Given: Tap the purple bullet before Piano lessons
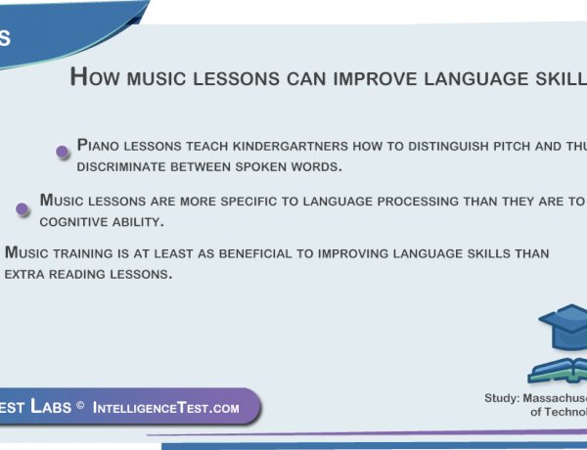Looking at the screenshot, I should tap(63, 151).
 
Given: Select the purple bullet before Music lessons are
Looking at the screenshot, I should tap(22, 208).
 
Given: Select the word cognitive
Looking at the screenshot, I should tap(75, 222).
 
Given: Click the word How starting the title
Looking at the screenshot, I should tap(95, 77).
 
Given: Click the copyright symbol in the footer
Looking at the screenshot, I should tap(79, 407).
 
